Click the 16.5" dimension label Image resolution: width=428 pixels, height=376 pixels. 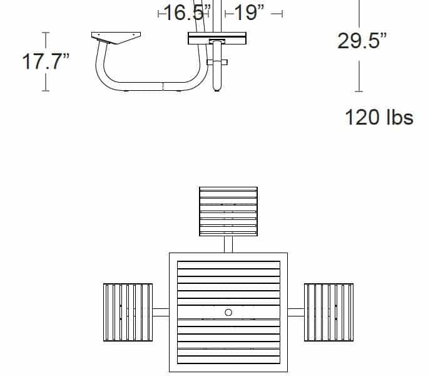click(187, 13)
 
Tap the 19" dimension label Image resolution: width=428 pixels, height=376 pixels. click(249, 13)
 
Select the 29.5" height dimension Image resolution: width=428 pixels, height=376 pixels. click(362, 41)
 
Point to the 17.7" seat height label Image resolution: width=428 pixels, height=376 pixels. click(46, 61)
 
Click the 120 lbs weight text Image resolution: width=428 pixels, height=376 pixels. click(379, 117)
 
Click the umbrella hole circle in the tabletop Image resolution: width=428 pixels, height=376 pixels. click(228, 312)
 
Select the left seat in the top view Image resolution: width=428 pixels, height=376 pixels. click(128, 312)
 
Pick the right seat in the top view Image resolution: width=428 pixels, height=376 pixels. click(329, 312)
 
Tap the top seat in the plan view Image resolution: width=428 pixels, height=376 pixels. click(228, 211)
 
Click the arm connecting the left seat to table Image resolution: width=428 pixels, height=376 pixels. click(161, 312)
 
